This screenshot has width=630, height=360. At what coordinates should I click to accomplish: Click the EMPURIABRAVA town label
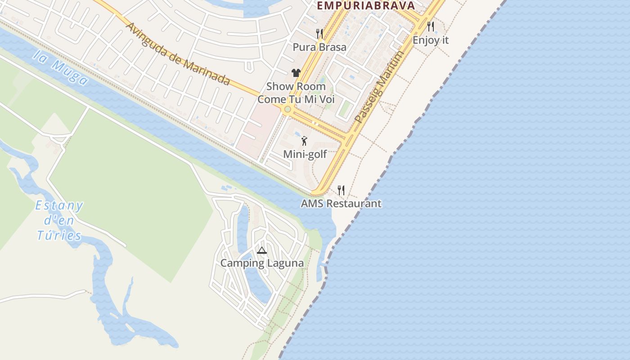point(365,5)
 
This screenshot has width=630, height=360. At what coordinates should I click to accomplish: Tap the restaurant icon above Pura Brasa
point(319,33)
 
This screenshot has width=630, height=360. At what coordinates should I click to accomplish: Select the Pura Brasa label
point(319,47)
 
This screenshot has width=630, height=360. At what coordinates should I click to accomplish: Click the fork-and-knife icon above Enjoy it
point(431,26)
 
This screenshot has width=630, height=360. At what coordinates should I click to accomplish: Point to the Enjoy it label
point(431,40)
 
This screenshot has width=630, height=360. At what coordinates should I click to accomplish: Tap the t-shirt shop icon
point(296,73)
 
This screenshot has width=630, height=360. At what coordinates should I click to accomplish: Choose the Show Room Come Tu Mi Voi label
point(296,93)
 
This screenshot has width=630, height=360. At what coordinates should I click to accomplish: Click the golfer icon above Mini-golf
point(305,141)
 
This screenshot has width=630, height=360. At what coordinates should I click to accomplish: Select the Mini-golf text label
point(305,154)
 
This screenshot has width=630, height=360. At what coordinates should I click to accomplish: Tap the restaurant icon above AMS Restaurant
point(341,190)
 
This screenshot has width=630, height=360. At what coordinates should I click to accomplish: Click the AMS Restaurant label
point(341,203)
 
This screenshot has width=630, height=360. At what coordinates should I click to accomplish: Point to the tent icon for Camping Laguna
point(261,250)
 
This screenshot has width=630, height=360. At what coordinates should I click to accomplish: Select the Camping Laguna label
point(261,263)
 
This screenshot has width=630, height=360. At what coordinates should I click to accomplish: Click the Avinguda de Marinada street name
point(178,53)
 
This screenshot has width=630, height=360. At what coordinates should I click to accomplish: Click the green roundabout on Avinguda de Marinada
point(288,109)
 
